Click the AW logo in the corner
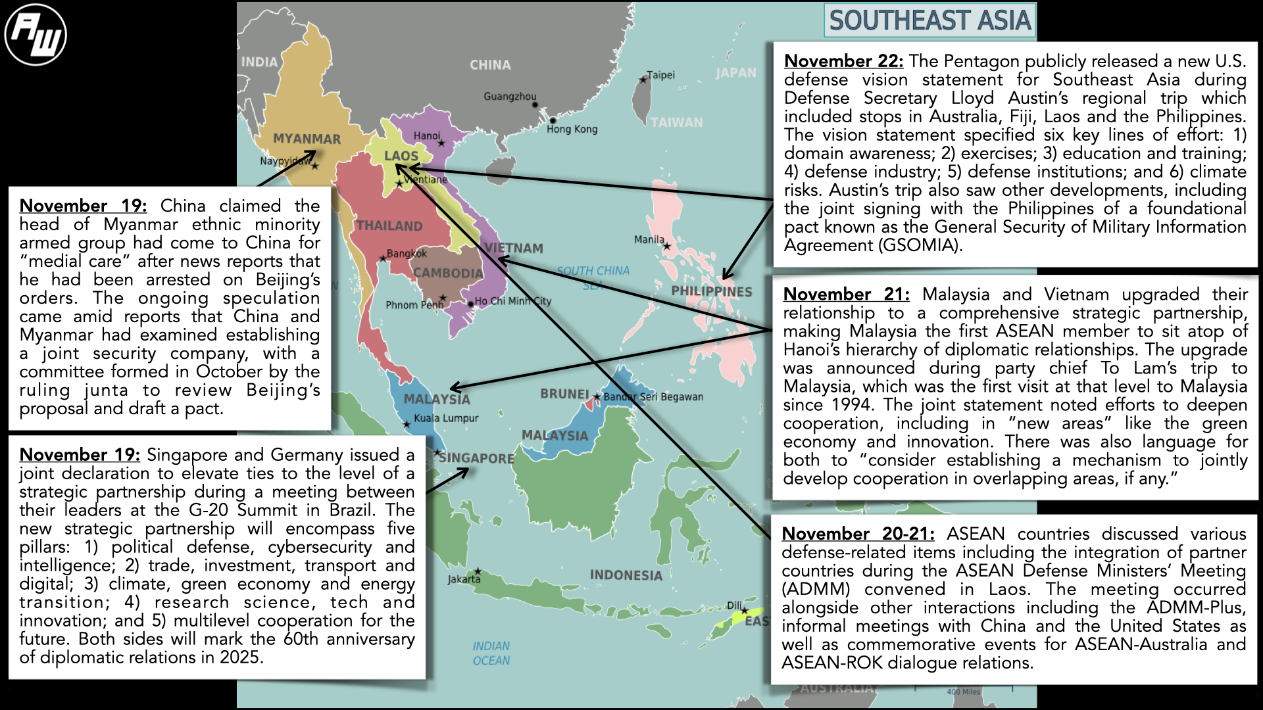coord(36,35)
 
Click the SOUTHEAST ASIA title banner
coord(929,20)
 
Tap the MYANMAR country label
coord(307,139)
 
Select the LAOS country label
coord(401,156)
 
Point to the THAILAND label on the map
coord(389,225)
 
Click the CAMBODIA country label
coord(447,273)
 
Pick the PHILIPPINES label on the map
coord(711,291)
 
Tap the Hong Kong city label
coord(572,129)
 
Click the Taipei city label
coord(660,75)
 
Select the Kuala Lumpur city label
coord(446,418)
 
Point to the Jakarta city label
coord(464,579)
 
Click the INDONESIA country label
coord(626,575)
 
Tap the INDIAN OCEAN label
coord(491,653)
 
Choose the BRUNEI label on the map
coord(564,394)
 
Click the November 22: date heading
coord(843,61)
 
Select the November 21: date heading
coord(846,295)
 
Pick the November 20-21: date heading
coord(858,534)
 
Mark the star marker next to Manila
coord(667,247)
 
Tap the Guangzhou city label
coord(510,97)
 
